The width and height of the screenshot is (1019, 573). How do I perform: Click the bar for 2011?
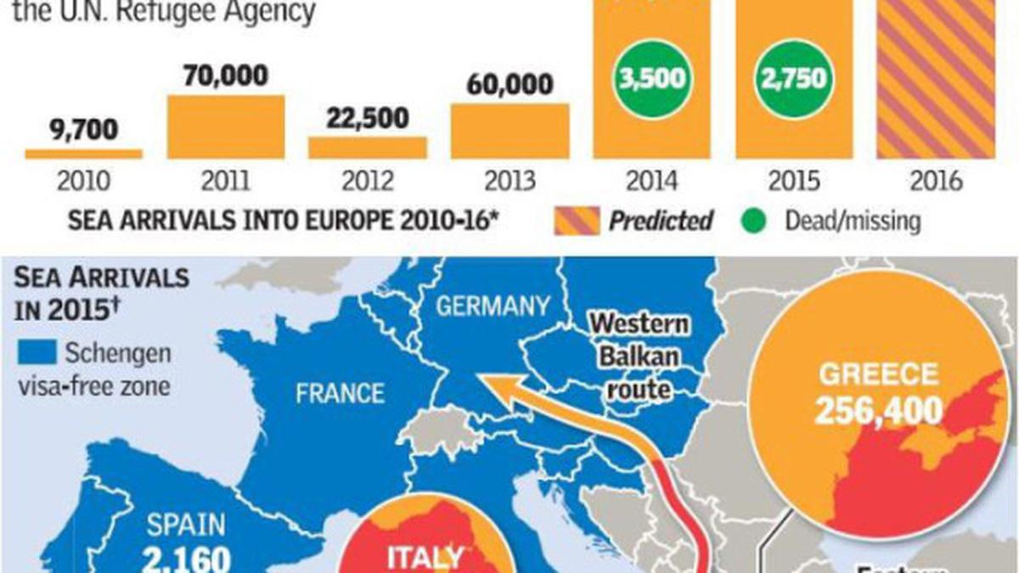[225, 126]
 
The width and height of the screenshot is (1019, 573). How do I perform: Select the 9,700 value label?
[83, 132]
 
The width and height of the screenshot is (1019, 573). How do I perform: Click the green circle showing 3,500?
[651, 79]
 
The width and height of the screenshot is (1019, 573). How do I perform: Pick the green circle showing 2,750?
[793, 79]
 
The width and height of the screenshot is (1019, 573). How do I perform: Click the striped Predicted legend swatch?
[577, 222]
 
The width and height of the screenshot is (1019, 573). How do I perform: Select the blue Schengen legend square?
[42, 351]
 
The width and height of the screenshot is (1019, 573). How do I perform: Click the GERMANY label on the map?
[493, 306]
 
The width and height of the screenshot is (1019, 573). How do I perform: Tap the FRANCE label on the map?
[340, 393]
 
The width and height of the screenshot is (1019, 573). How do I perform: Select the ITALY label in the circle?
[426, 558]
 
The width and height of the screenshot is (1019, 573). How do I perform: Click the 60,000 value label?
[509, 85]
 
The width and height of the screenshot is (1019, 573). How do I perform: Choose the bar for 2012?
[367, 147]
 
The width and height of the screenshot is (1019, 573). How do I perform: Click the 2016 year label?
[934, 181]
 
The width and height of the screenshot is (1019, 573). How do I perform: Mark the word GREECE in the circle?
[879, 374]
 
